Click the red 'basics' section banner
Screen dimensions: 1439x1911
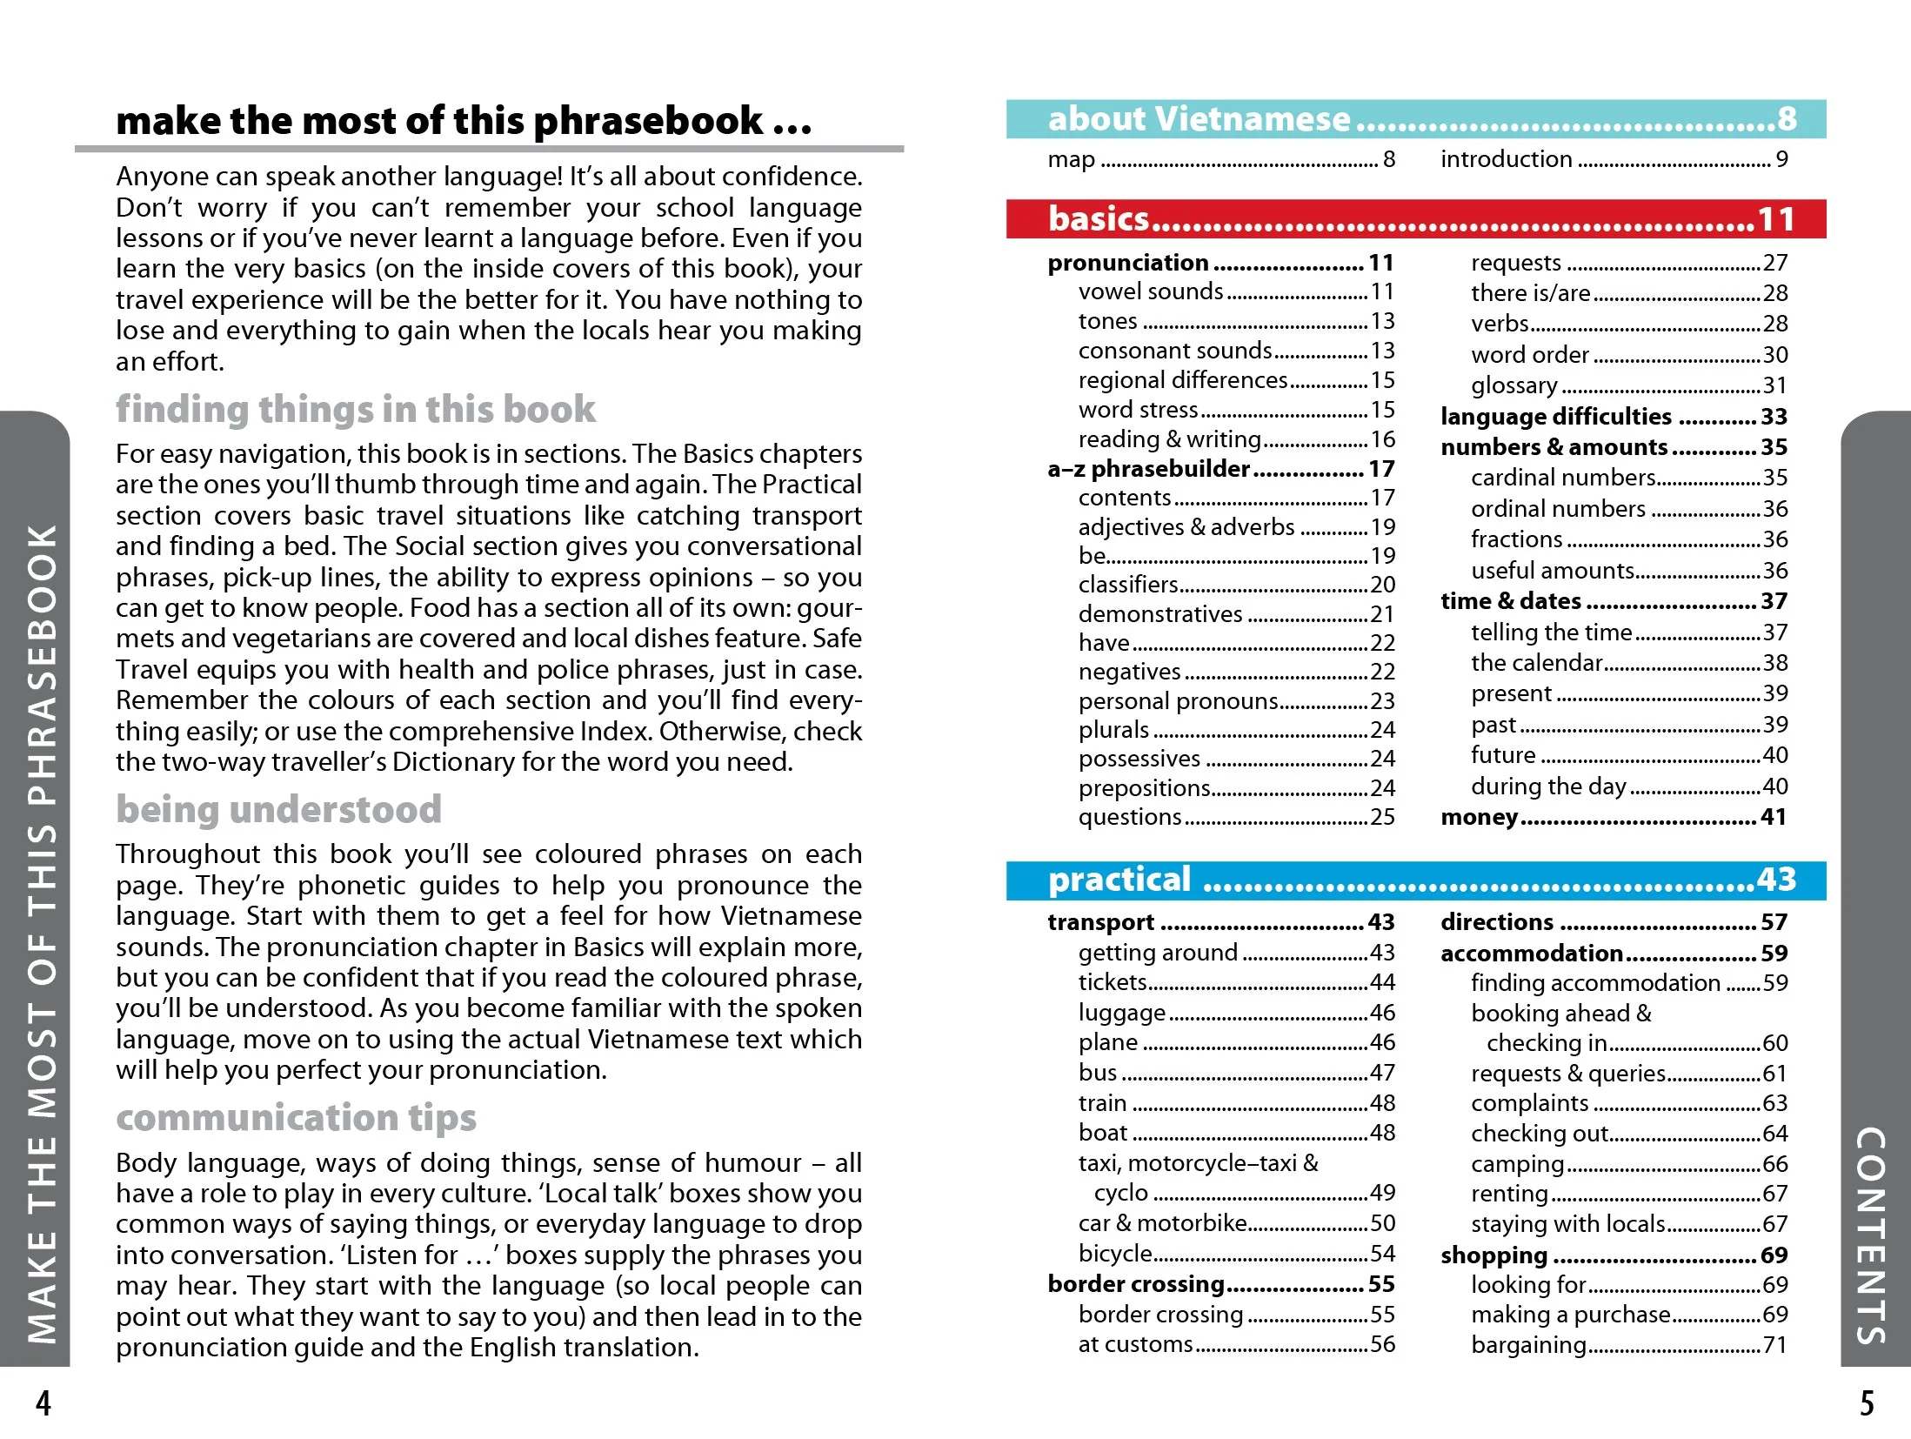(1415, 218)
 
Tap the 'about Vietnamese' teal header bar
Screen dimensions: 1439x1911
(1415, 119)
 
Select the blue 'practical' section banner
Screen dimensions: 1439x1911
(1415, 880)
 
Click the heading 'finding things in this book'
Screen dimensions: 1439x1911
(356, 409)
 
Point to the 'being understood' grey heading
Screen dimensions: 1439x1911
(278, 809)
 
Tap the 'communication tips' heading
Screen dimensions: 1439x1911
(296, 1117)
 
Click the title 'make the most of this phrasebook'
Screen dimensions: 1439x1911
(463, 121)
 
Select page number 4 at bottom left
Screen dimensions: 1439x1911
(43, 1403)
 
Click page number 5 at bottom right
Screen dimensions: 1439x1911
(1867, 1403)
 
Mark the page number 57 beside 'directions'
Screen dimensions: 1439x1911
(1774, 922)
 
